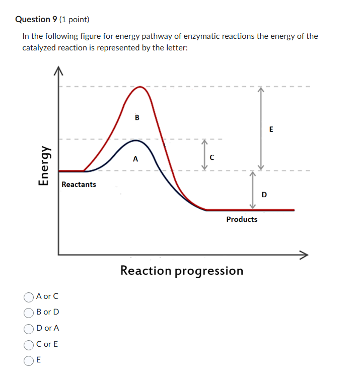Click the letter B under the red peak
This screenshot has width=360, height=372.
137,118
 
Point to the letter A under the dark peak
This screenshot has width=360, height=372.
135,159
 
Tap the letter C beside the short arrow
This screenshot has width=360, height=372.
212,157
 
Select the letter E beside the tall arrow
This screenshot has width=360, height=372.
271,129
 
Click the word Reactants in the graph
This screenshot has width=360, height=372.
79,184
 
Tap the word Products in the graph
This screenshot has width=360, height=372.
242,219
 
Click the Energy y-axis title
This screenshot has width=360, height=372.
45,164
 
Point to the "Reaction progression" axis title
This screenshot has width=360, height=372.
182,271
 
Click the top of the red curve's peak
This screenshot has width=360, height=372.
142,87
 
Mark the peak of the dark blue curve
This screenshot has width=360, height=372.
136,141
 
